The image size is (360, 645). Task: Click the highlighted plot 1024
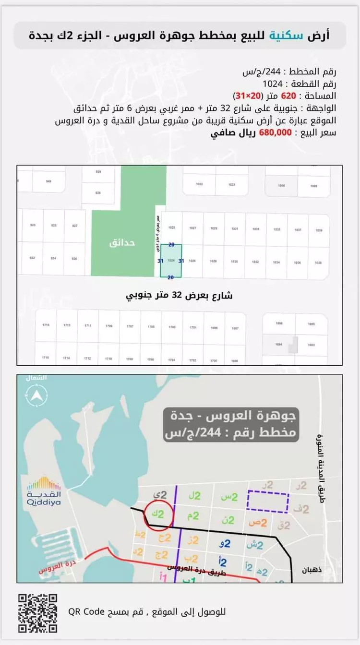pos(171,261)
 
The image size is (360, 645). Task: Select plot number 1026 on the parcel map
pos(192,261)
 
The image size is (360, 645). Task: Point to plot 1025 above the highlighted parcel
pos(171,228)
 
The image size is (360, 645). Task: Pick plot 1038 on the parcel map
pos(318,263)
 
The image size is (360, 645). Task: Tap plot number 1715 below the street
pos(46,326)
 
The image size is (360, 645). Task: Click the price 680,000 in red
pos(276,133)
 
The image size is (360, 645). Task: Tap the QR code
pos(38,613)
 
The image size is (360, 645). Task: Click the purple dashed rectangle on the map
pos(268,502)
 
